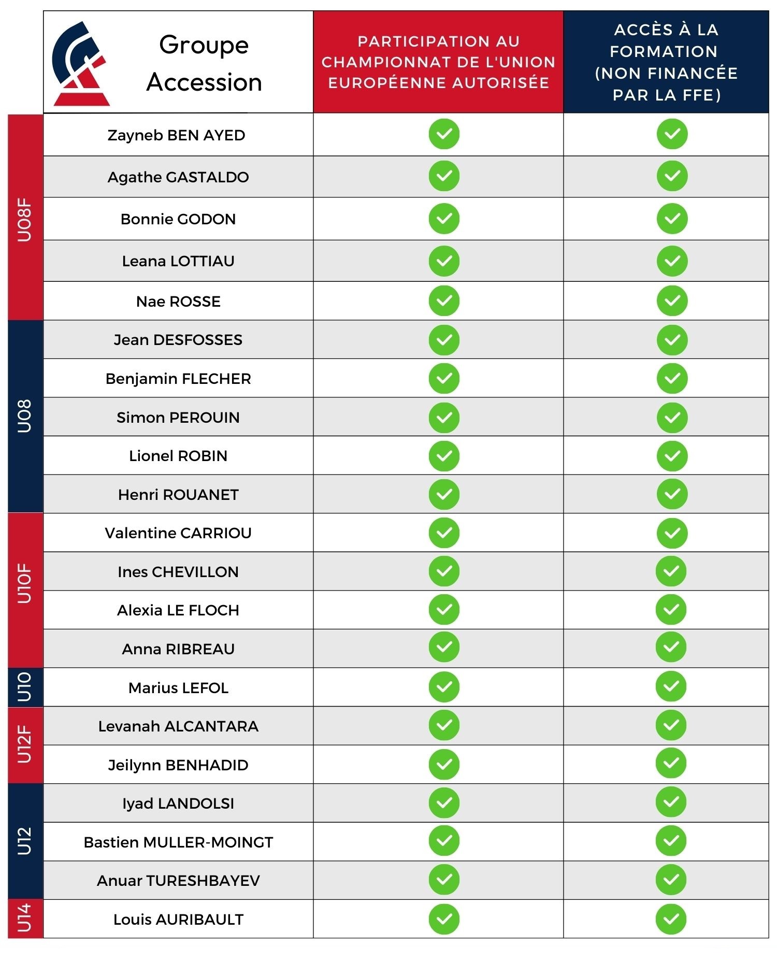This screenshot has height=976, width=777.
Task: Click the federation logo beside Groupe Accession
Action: point(80,64)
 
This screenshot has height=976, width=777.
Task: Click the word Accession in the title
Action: point(204,83)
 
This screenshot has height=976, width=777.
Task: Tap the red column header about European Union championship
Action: point(438,62)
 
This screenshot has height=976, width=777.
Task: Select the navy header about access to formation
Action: point(666,62)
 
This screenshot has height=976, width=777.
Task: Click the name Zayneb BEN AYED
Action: point(176,135)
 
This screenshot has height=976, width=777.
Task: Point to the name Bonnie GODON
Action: point(178,219)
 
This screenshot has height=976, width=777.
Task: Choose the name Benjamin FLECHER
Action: point(178,379)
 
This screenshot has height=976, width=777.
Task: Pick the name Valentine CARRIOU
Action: point(178,533)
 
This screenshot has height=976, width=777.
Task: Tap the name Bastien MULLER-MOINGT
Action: point(178,842)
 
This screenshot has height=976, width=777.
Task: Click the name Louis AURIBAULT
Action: point(178,920)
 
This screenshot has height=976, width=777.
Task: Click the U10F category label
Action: point(25,583)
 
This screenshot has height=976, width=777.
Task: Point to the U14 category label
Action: point(25,918)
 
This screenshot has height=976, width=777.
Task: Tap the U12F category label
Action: point(25,744)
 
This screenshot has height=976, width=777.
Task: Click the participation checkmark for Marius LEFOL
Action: point(444,687)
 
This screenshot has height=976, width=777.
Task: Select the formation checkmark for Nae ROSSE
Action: point(672,300)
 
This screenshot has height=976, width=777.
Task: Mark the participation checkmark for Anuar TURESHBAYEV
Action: point(444,880)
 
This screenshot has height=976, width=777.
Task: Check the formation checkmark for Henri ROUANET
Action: point(672,494)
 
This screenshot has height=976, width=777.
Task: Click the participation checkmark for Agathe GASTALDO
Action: point(444,176)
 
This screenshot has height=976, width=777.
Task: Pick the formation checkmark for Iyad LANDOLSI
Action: point(671,802)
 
